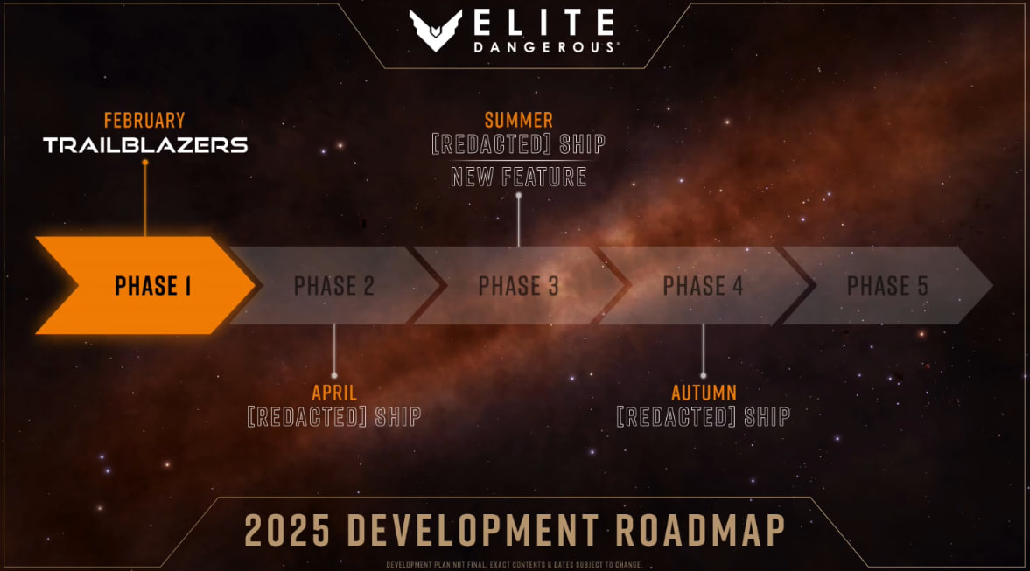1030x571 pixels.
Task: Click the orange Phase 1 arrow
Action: tap(144, 285)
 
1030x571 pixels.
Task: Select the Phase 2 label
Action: tap(333, 286)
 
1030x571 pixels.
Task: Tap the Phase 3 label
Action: tap(518, 286)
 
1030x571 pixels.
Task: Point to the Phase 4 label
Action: tap(703, 286)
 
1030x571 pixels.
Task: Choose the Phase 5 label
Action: tap(887, 286)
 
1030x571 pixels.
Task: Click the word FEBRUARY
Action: tap(144, 121)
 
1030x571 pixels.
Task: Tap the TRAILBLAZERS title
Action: tap(145, 145)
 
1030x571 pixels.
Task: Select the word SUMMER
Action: tap(518, 121)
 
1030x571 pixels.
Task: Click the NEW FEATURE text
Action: tap(518, 178)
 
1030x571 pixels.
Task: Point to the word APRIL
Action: tap(334, 393)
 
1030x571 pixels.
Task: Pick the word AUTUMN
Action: tap(704, 393)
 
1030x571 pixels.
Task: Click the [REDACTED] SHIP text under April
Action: tap(334, 417)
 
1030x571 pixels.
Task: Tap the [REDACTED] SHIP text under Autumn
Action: tap(704, 417)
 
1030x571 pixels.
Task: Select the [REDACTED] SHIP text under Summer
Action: tap(518, 144)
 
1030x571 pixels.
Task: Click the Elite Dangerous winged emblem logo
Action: tap(435, 31)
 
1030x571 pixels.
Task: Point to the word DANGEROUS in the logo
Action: tap(544, 47)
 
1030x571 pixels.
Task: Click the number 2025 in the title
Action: tap(287, 530)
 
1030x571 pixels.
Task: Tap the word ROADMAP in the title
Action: tap(700, 530)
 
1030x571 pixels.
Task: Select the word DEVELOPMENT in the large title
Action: tap(473, 530)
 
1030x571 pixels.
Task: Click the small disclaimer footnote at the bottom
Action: tap(514, 564)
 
